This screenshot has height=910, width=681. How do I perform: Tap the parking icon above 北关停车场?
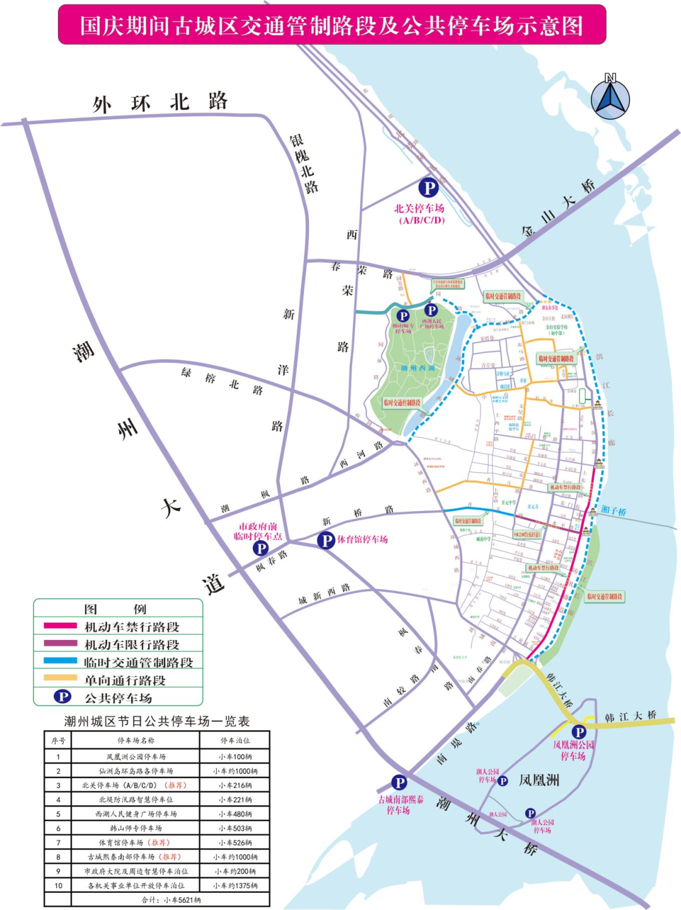[x=429, y=187]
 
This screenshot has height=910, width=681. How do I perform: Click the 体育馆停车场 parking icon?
[x=325, y=540]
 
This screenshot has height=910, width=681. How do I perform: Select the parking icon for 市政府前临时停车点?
[x=260, y=548]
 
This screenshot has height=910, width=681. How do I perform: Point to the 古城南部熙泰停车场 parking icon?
[x=399, y=783]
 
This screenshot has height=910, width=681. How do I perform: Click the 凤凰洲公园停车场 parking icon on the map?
[x=578, y=732]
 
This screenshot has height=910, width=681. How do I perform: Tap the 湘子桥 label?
[x=613, y=511]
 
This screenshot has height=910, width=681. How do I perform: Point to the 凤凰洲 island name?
[x=538, y=780]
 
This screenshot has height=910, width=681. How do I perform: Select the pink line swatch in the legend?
[x=60, y=626]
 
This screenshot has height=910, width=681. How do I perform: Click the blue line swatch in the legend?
[x=60, y=661]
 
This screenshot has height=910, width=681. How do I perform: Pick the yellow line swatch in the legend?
[x=60, y=679]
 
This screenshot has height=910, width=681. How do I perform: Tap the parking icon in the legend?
[x=62, y=696]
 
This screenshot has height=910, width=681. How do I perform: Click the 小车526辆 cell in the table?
[x=235, y=842]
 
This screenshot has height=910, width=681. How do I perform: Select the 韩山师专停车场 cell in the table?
[x=136, y=828]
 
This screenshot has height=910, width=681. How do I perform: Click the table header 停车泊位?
[x=235, y=740]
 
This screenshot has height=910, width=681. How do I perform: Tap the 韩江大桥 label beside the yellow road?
[x=630, y=716]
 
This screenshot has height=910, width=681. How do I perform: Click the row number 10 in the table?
[x=58, y=885]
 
